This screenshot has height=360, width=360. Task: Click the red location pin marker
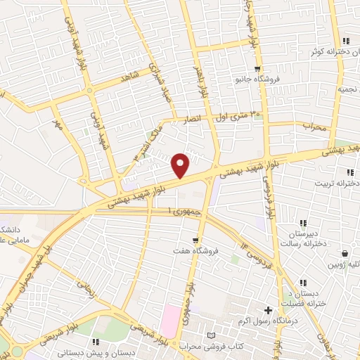click(181, 165)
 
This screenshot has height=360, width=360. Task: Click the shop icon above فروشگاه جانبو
click(257, 68)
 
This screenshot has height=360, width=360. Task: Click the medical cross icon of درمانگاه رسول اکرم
click(268, 310)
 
